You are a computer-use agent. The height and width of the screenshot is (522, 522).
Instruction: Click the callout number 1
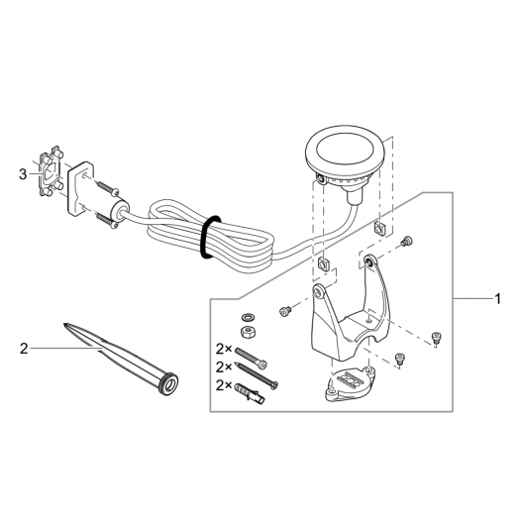click(497, 299)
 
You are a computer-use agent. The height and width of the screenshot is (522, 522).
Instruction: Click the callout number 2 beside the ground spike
click(24, 349)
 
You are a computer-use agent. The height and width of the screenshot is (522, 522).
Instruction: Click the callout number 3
click(23, 173)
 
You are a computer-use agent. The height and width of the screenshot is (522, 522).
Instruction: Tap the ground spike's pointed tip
click(64, 324)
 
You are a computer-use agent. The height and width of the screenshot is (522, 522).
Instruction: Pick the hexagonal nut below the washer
click(248, 332)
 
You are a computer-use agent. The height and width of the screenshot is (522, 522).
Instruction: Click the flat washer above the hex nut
click(248, 316)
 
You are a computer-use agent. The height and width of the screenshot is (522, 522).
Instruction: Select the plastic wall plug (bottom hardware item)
click(250, 392)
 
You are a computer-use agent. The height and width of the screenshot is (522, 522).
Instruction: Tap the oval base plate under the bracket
click(350, 384)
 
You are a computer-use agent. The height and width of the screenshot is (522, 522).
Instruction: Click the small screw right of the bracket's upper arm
click(407, 241)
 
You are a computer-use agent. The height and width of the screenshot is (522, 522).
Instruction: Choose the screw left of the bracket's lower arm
click(285, 311)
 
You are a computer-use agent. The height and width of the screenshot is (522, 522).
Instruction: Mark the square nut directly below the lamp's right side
click(378, 228)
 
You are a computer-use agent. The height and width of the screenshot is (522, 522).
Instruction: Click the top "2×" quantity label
click(224, 350)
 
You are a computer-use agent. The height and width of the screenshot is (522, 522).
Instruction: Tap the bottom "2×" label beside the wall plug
click(224, 385)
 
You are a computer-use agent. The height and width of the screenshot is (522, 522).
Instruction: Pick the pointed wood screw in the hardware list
click(257, 375)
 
